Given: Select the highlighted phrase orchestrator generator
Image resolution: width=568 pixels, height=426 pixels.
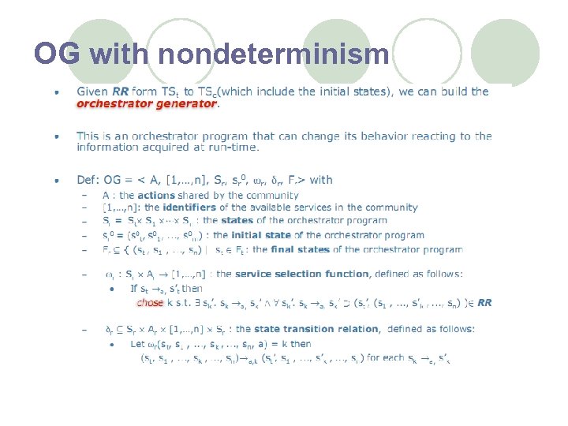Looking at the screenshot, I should click(146, 103).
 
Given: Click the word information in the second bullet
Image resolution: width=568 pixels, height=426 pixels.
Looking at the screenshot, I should click(107, 147).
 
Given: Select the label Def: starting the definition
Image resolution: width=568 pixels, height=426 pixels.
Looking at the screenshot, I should click(88, 180).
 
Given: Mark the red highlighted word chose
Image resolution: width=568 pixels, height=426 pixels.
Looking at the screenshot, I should click(150, 302).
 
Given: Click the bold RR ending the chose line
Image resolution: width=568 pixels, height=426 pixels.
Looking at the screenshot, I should click(485, 302).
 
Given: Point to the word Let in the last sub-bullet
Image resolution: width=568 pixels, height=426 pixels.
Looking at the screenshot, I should click(138, 344).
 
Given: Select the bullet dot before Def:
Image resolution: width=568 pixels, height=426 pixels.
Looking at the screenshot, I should click(55, 181).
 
